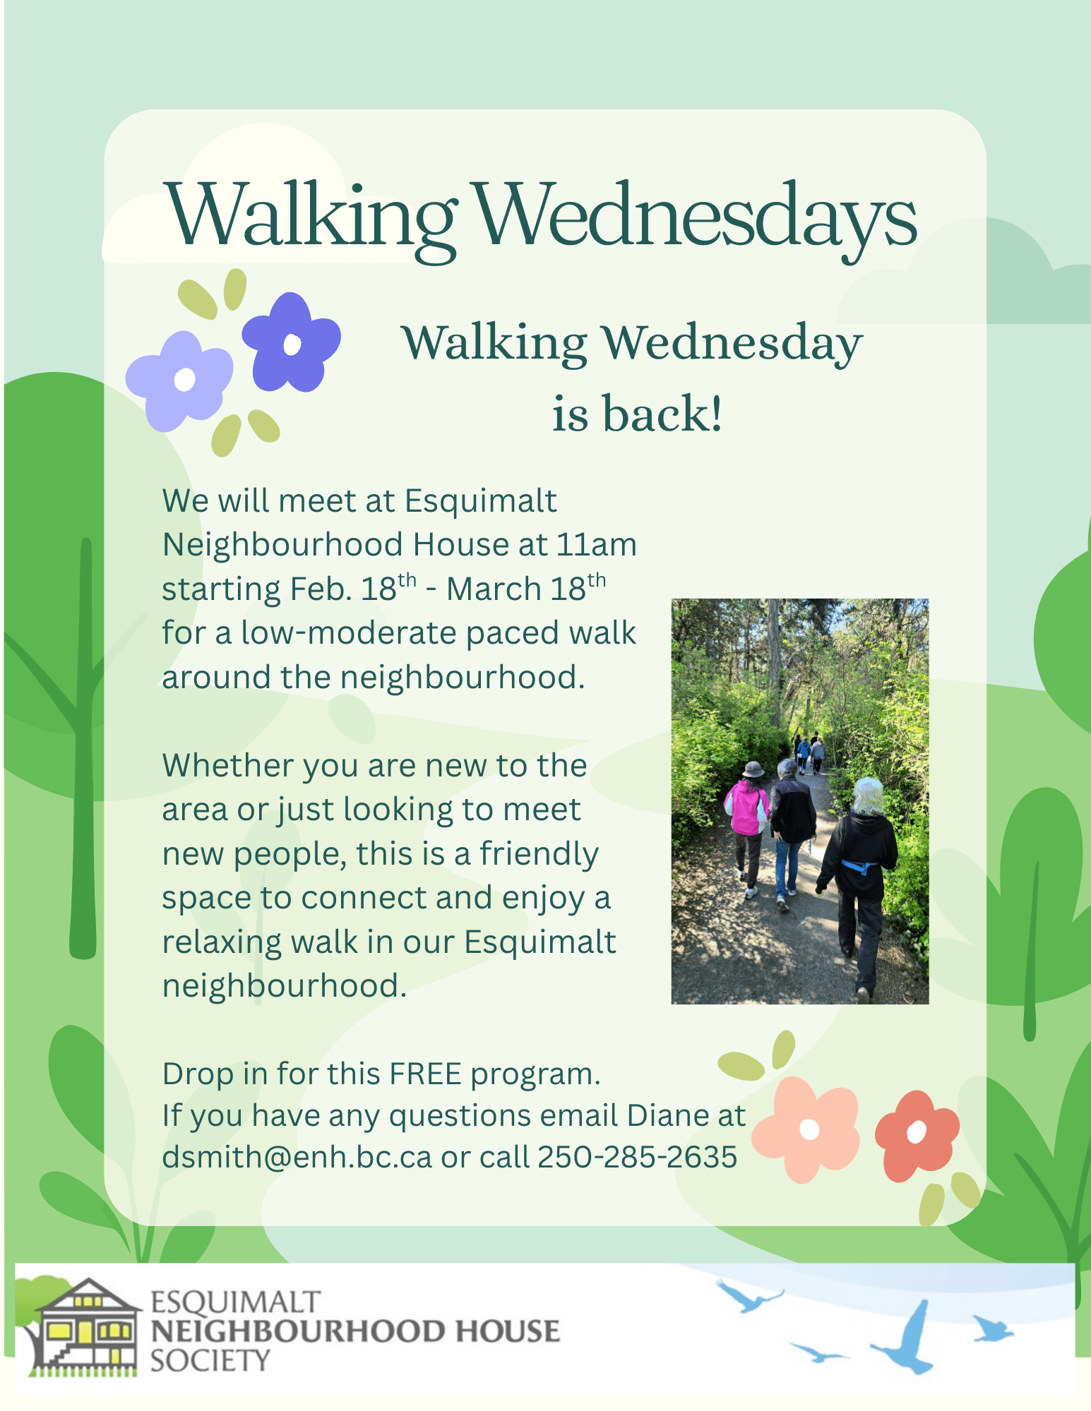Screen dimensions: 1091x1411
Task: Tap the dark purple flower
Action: click(291, 343)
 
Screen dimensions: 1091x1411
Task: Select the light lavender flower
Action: click(179, 380)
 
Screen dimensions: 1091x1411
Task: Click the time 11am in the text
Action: click(597, 545)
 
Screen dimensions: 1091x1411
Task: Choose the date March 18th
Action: click(526, 588)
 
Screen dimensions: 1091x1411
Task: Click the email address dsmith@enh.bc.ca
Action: click(297, 1157)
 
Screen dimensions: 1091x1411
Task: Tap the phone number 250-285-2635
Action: click(637, 1157)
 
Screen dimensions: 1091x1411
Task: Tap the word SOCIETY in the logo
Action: click(210, 1360)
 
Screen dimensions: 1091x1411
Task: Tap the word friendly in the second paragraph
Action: click(539, 854)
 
